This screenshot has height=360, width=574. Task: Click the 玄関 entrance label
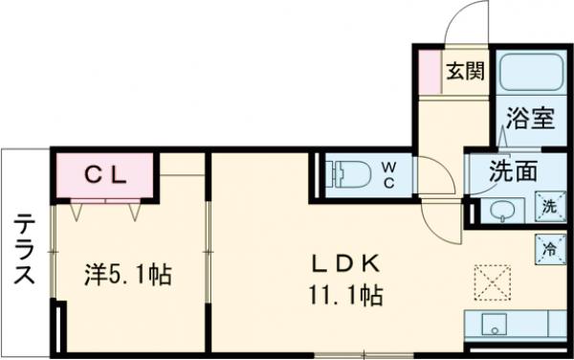tap(466, 73)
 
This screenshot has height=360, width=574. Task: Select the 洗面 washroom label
tap(514, 173)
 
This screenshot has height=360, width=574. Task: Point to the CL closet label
tap(105, 174)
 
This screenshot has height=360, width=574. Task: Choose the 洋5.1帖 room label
tap(126, 276)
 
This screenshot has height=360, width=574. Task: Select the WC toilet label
tap(391, 174)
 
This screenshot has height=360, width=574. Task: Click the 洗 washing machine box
tap(549, 206)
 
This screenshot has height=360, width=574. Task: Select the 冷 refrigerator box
tap(549, 245)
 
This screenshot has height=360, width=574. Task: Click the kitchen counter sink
tap(495, 322)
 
